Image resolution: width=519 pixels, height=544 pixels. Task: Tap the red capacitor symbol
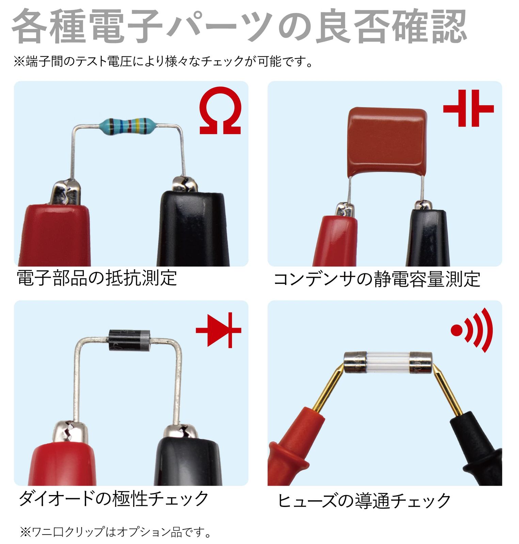click(x=468, y=108)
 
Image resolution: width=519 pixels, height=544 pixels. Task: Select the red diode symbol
click(x=219, y=330)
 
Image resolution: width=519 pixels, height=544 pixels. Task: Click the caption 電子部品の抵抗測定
click(x=97, y=278)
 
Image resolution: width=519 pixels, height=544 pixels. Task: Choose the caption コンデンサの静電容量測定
click(x=377, y=279)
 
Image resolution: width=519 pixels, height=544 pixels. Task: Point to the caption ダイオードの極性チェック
click(x=113, y=498)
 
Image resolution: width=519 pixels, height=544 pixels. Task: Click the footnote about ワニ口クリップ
click(x=116, y=532)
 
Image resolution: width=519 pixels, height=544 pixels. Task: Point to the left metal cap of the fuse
click(x=355, y=362)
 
